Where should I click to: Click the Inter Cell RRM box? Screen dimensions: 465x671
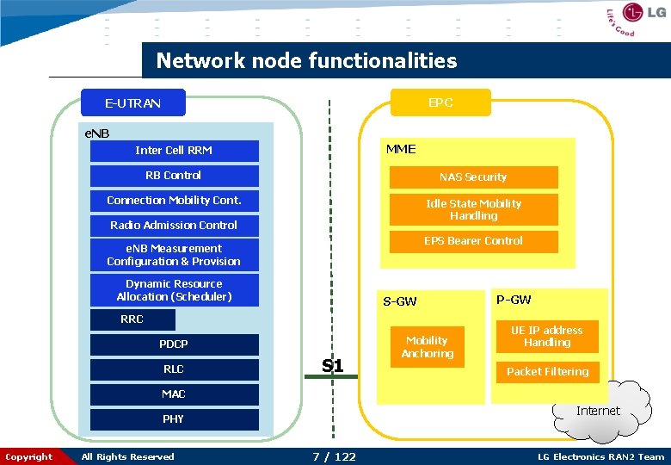click(174, 151)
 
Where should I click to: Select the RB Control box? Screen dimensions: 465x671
click(174, 176)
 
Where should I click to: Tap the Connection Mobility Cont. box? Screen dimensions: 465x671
click(174, 201)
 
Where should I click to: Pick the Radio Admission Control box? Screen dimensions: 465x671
click(174, 226)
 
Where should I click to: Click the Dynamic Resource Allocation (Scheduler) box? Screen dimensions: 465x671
click(174, 290)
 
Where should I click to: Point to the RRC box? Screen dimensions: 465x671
click(132, 319)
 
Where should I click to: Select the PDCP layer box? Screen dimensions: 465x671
click(174, 344)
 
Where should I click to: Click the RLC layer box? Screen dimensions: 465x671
click(174, 369)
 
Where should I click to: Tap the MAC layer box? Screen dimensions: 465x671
click(174, 394)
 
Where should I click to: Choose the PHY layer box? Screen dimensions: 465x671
click(174, 419)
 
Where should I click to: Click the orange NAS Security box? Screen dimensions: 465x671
click(473, 177)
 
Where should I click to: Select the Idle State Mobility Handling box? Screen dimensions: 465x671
click(473, 209)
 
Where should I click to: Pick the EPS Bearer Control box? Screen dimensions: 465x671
click(473, 241)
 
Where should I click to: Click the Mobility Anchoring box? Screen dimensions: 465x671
click(427, 347)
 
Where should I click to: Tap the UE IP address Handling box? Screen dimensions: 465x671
click(546, 337)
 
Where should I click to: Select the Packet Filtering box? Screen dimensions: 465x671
click(547, 372)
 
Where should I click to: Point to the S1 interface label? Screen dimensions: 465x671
click(332, 366)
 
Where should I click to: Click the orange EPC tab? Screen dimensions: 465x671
click(440, 102)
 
